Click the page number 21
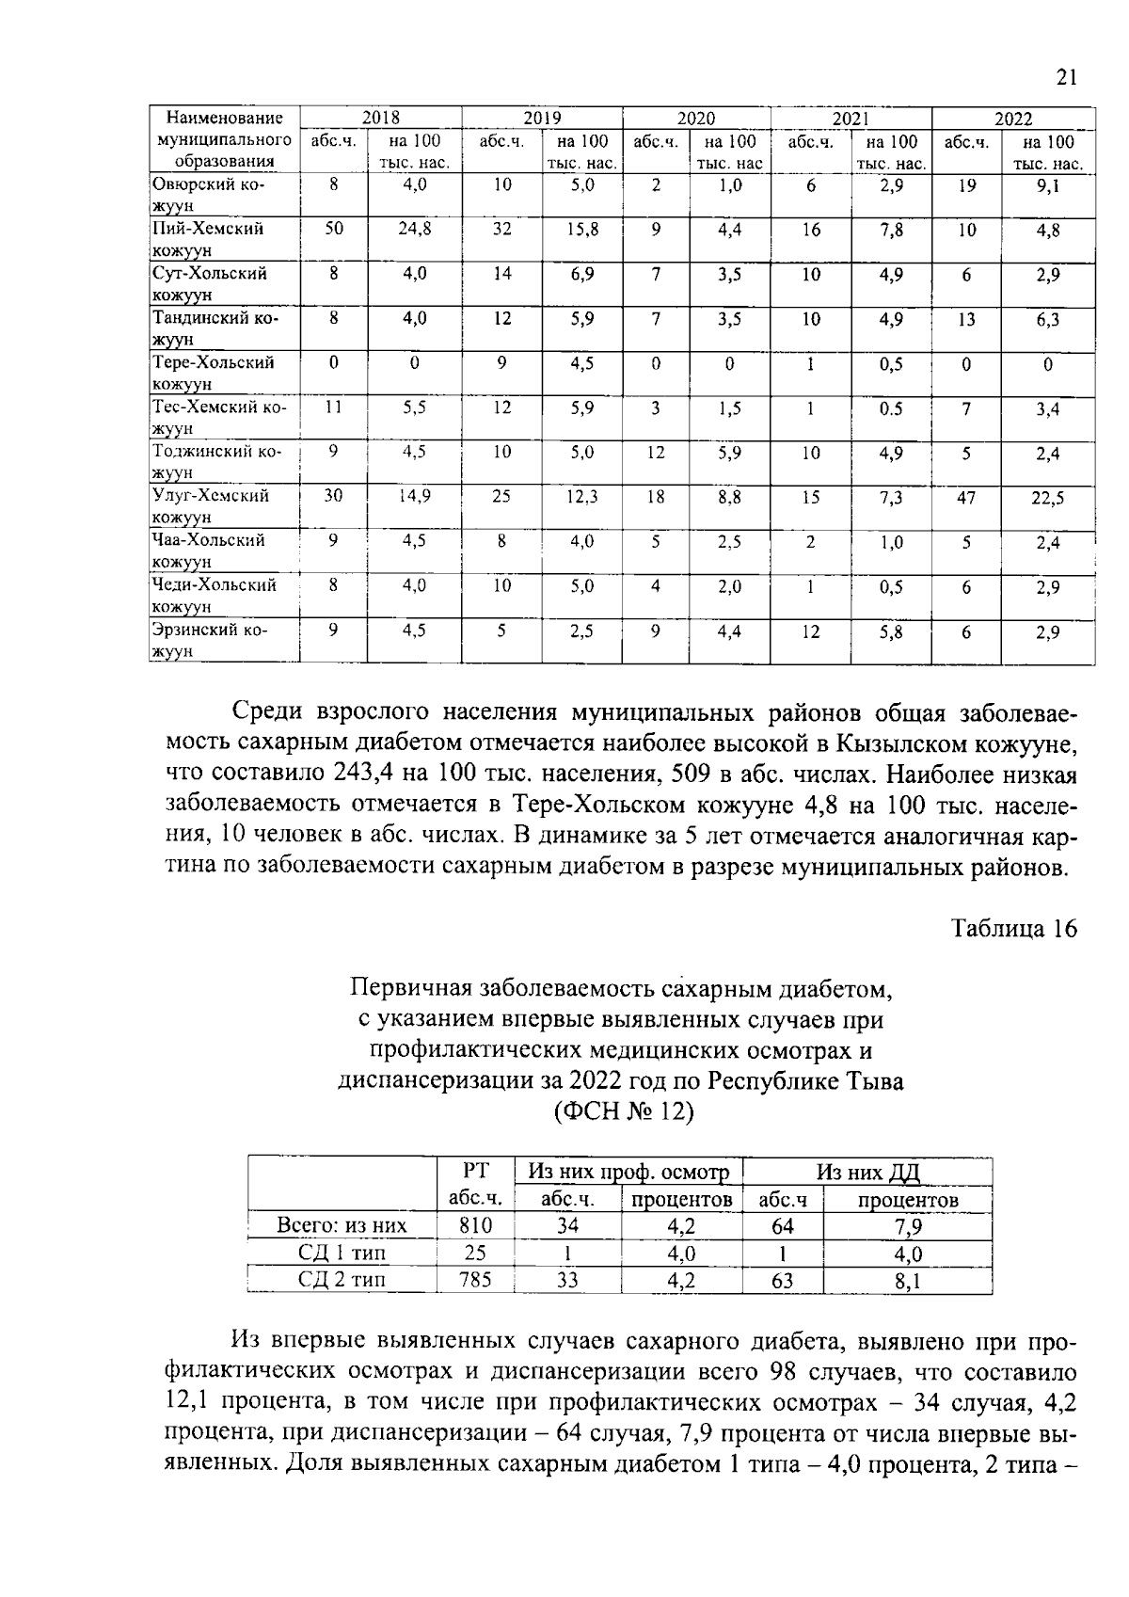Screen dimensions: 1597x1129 (1065, 77)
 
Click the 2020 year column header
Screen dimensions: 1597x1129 (696, 119)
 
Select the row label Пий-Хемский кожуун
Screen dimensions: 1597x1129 (209, 239)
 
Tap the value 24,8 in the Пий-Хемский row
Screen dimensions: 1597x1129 (414, 229)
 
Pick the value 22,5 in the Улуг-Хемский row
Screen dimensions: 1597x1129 (1047, 499)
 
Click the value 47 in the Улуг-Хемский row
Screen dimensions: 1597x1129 (966, 498)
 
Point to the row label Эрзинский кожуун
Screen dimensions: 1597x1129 (210, 640)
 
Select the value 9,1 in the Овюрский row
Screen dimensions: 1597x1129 (1048, 186)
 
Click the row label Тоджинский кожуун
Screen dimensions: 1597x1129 (216, 461)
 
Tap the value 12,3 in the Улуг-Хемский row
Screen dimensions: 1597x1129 (581, 497)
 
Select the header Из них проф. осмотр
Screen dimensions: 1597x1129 (628, 1172)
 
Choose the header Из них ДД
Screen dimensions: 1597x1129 (867, 1172)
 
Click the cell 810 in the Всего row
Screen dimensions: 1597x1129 (475, 1225)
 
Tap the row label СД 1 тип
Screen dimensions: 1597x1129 (342, 1253)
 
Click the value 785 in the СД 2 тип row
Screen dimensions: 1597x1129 (475, 1280)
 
